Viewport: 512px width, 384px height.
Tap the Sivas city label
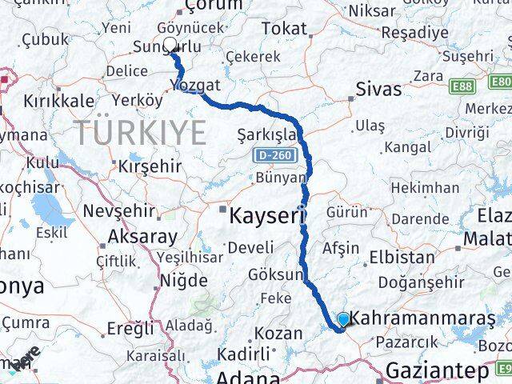[x=378, y=89]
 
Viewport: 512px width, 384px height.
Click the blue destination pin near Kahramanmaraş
[x=343, y=320]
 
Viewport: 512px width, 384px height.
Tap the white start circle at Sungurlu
[x=170, y=45]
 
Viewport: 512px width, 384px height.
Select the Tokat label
[x=283, y=29]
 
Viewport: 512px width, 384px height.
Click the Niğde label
[x=183, y=280]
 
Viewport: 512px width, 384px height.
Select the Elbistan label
[x=402, y=258]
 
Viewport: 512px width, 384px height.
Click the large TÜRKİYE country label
[x=141, y=131]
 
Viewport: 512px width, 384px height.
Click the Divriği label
[x=467, y=131]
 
